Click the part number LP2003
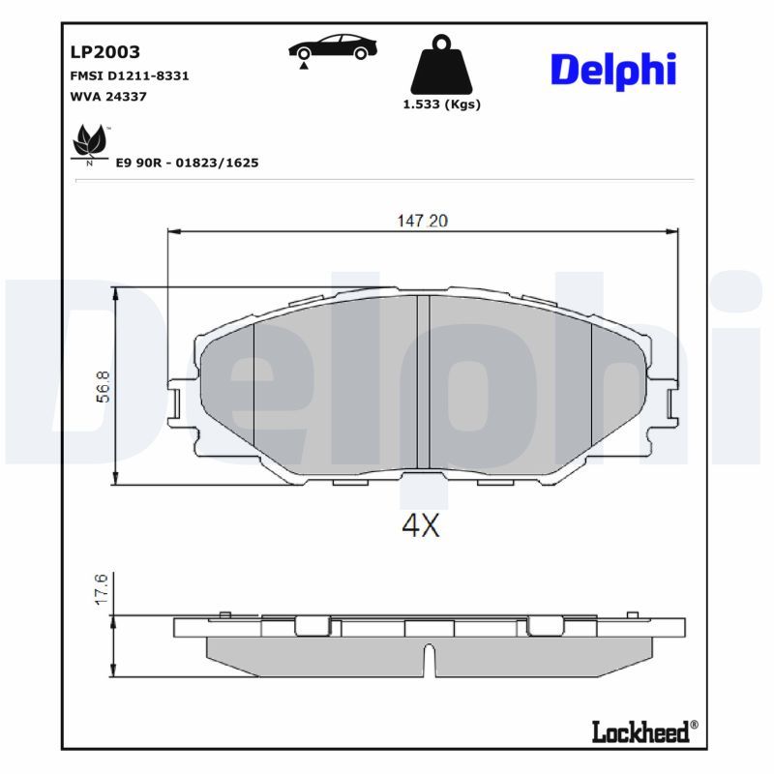(105, 52)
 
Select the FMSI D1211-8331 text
(130, 76)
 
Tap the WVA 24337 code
(108, 97)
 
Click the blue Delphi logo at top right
(613, 71)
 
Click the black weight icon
(441, 65)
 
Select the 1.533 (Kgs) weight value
(442, 104)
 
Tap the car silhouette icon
(333, 46)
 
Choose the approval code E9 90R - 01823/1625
(187, 163)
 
